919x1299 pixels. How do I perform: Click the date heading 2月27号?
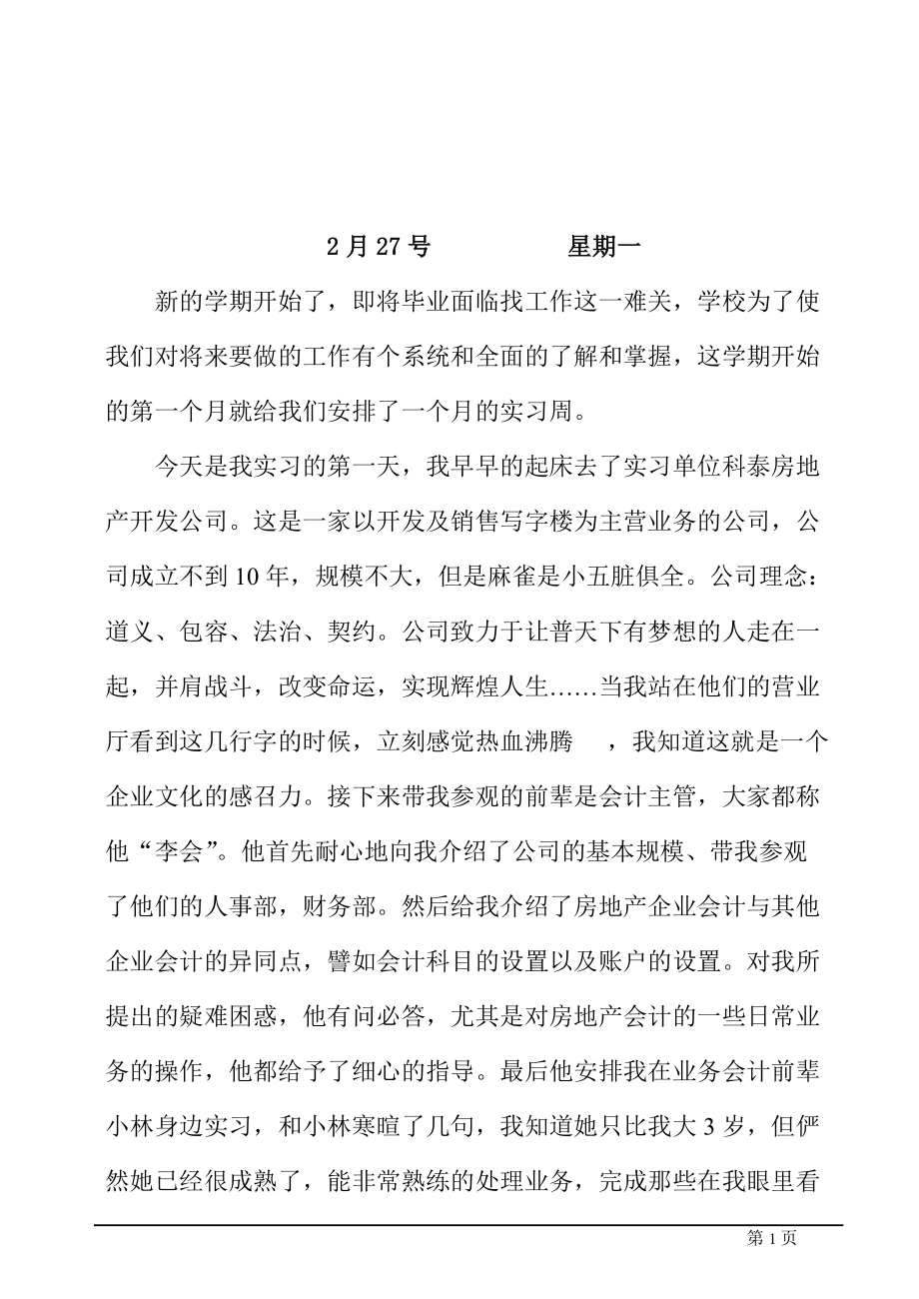[x=379, y=247]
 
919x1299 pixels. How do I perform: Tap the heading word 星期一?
[x=603, y=247]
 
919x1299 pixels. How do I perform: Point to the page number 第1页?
[x=771, y=1238]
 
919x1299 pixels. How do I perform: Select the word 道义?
[x=130, y=631]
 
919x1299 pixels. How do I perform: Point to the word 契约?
[x=350, y=631]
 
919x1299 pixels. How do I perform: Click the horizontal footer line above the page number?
[x=468, y=1224]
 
